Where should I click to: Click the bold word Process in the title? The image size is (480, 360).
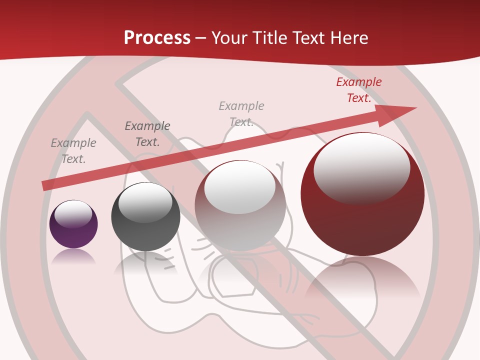pyautogui.click(x=157, y=38)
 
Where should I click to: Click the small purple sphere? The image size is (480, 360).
pyautogui.click(x=73, y=224)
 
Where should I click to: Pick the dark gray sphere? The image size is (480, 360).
pyautogui.click(x=145, y=217)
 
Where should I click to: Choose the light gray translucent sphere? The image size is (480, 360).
pyautogui.click(x=240, y=205)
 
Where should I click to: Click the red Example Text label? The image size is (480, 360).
pyautogui.click(x=358, y=90)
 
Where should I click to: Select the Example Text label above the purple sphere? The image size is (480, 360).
pyautogui.click(x=73, y=151)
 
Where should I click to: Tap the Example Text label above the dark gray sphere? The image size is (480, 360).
pyautogui.click(x=147, y=134)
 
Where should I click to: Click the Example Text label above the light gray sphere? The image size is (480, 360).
pyautogui.click(x=241, y=114)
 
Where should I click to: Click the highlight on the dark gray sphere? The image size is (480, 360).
pyautogui.click(x=145, y=201)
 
